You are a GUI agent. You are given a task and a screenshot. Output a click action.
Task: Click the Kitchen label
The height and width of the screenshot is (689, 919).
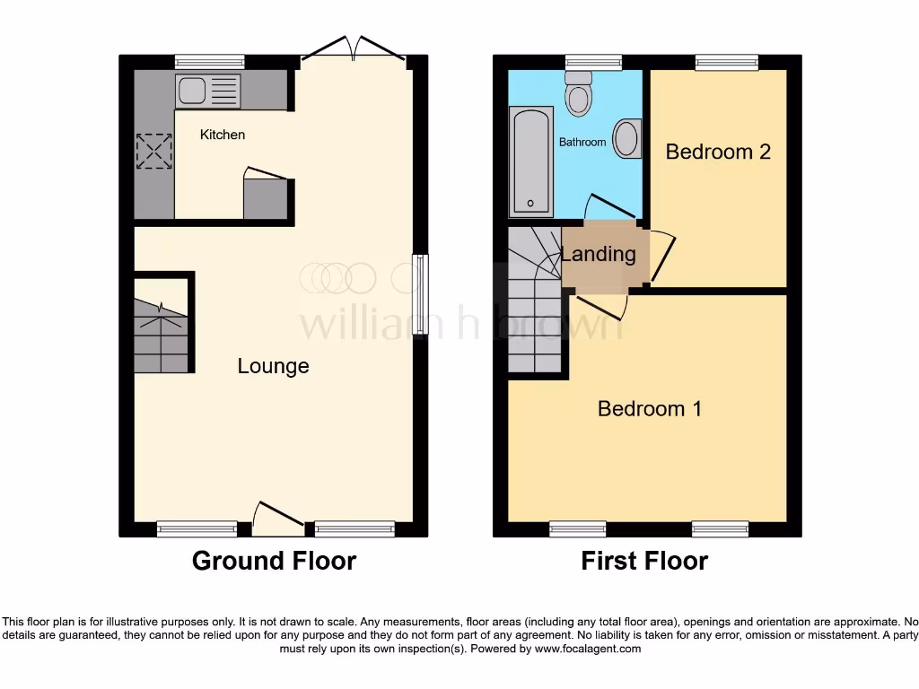(x=222, y=135)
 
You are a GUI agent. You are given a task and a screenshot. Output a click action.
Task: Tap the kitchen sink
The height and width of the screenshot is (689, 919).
(x=208, y=92)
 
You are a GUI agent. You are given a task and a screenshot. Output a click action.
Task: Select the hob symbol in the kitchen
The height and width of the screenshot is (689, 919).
(x=153, y=151)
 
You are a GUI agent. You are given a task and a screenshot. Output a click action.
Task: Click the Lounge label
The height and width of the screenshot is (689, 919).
(x=273, y=366)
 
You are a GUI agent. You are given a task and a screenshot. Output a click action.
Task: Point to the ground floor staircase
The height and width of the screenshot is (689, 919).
(x=162, y=336)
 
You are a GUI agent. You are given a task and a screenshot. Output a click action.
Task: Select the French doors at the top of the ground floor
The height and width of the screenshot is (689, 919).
(x=354, y=49)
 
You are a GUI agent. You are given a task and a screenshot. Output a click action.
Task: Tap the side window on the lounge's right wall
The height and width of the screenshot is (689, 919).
(x=420, y=296)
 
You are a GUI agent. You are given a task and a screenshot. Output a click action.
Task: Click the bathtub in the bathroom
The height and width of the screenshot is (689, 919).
(x=530, y=162)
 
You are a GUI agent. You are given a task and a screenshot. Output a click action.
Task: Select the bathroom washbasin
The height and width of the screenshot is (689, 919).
(x=628, y=139)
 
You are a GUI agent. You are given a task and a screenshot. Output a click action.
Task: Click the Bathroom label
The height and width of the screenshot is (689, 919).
(x=582, y=142)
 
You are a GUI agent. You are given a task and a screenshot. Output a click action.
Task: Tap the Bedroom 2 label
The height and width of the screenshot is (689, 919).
(x=718, y=152)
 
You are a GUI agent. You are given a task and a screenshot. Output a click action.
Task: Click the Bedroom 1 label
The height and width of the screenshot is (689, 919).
(x=650, y=409)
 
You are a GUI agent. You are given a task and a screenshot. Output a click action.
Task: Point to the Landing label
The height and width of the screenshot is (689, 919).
(x=599, y=254)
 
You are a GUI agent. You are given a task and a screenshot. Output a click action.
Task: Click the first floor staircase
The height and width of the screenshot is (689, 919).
(x=535, y=305)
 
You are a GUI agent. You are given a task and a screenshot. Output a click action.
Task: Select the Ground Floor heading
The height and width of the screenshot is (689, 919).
(x=274, y=562)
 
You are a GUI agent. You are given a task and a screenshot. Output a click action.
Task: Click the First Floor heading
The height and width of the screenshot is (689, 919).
(x=644, y=562)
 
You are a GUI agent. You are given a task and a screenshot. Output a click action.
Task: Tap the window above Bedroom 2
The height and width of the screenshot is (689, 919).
(x=726, y=62)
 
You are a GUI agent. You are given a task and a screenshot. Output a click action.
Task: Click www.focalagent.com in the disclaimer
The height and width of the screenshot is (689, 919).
(x=587, y=649)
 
